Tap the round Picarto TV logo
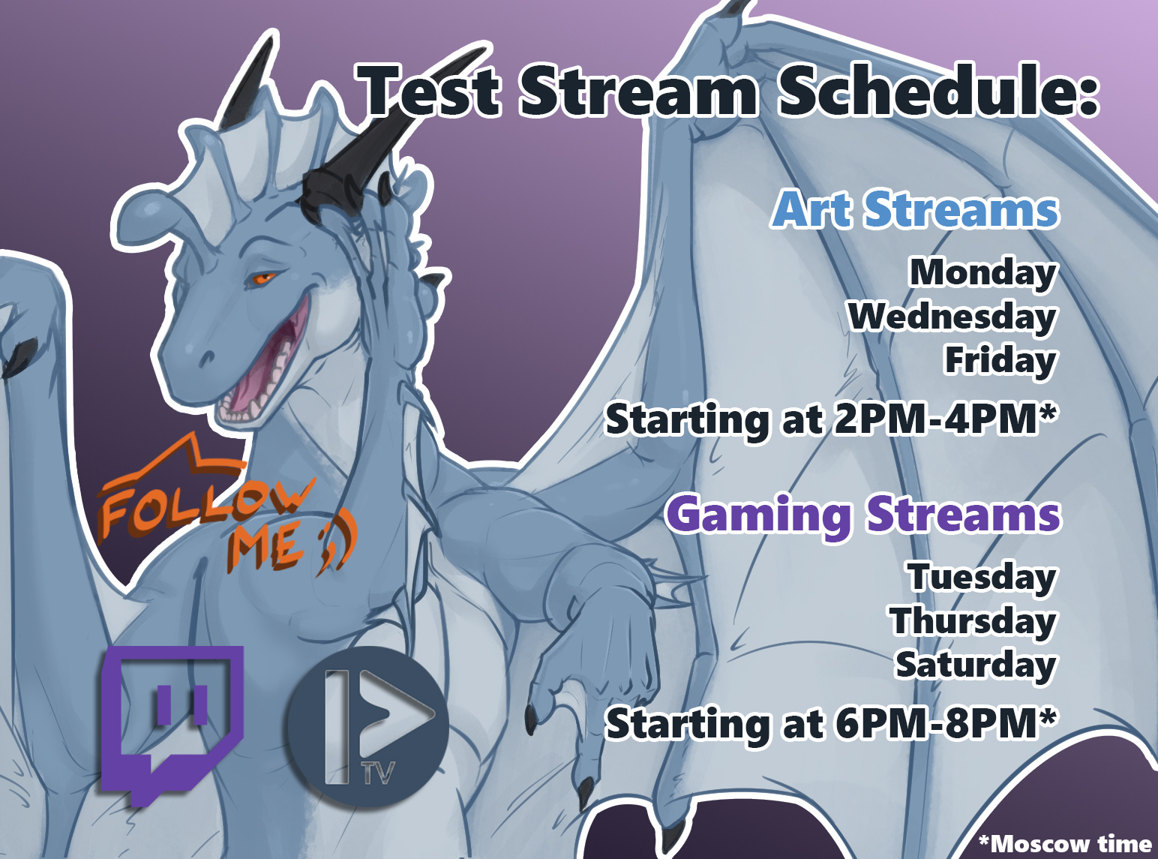(x=367, y=727)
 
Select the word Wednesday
(x=952, y=317)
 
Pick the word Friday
(x=1000, y=360)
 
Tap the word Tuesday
(x=982, y=577)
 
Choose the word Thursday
(x=973, y=621)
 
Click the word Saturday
(x=976, y=665)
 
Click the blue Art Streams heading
(x=915, y=209)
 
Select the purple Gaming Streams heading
(x=863, y=514)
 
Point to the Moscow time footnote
(x=1065, y=843)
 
